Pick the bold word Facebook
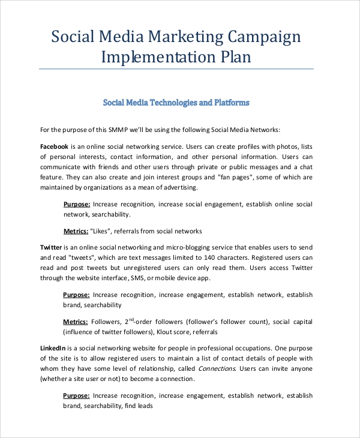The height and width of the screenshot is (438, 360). pos(54,146)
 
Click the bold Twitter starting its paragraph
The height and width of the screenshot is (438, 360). pos(50,247)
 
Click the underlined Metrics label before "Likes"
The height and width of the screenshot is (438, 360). pos(76,231)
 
